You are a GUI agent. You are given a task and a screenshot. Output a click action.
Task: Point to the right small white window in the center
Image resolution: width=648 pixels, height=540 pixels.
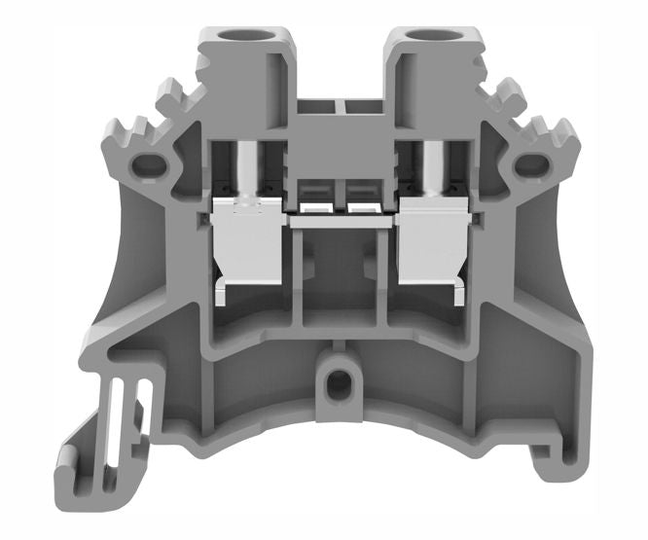(363, 207)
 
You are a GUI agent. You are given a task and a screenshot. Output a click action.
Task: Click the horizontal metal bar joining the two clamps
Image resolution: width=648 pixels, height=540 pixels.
(341, 221)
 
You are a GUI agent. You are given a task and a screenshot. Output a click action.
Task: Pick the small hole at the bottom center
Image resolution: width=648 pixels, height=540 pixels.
(338, 383)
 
